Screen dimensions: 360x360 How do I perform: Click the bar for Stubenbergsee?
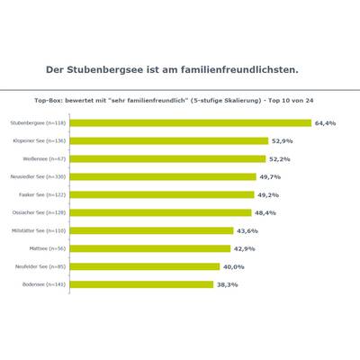[x=190, y=122]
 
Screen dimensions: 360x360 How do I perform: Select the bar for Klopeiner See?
[x=168, y=140]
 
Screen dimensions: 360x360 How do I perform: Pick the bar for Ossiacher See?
[x=160, y=212]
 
